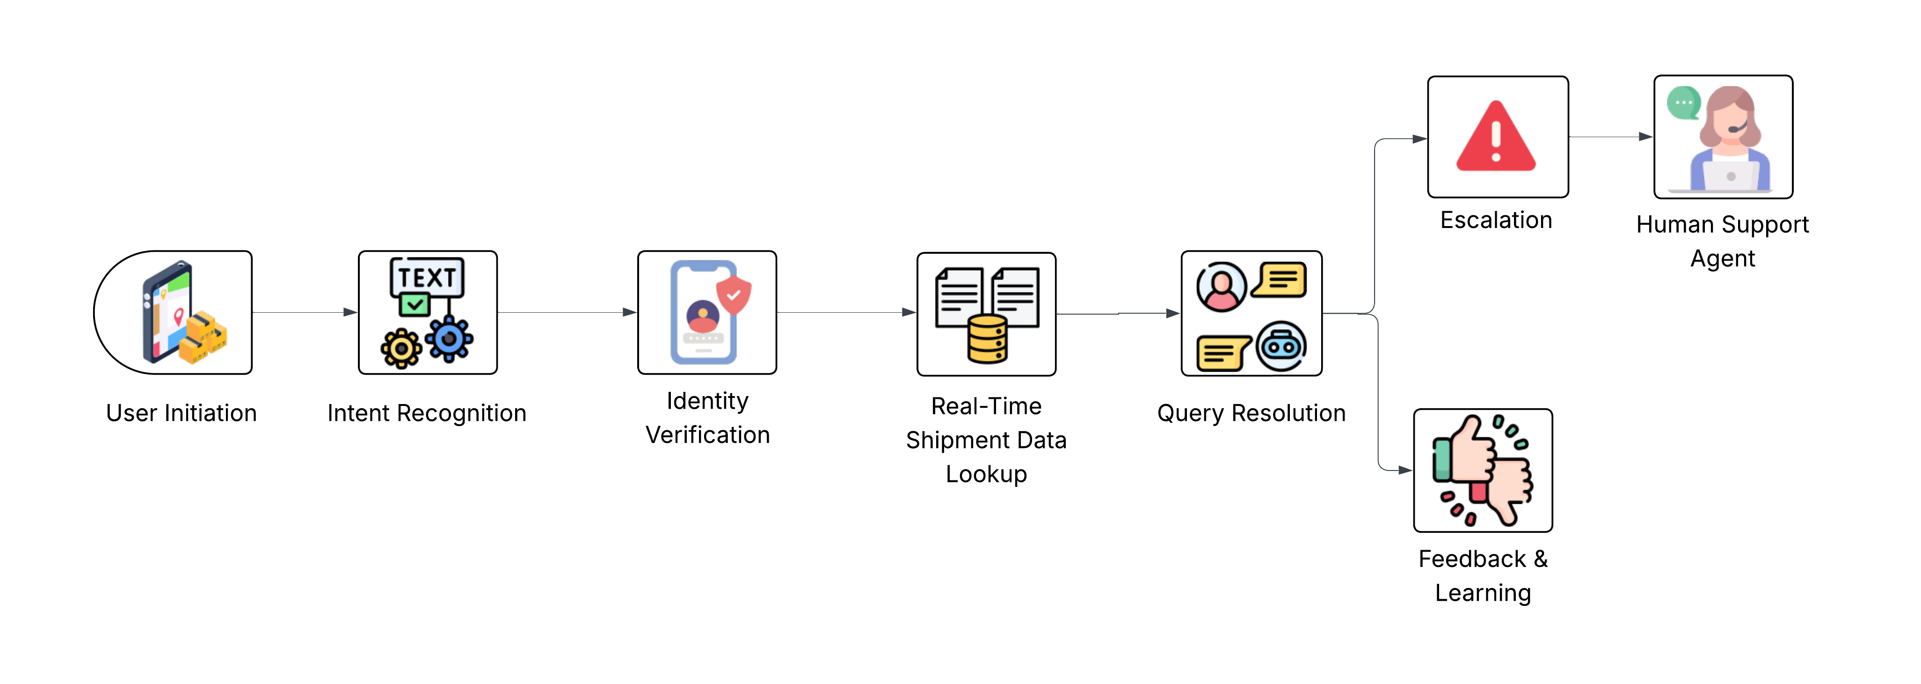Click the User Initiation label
181,413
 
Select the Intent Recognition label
427,413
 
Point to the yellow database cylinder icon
987,339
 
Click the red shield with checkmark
734,294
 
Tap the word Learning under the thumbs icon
1483,593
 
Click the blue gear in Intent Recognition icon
449,339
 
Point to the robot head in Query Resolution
1281,346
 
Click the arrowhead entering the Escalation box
1419,139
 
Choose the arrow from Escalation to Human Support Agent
1611,137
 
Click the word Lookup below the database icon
986,474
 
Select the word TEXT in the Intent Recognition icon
427,278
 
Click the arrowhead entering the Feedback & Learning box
1405,471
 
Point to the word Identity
707,401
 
